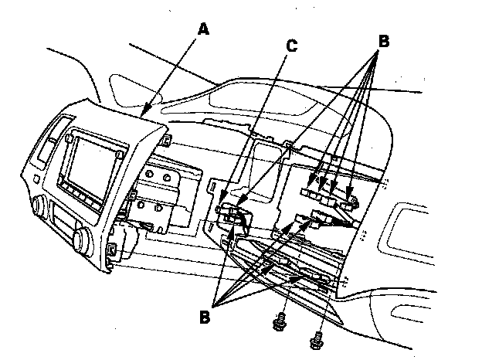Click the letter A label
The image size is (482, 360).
tap(202, 29)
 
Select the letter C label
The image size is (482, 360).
tap(290, 46)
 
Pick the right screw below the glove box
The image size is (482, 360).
tap(315, 336)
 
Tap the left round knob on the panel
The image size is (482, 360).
tap(36, 206)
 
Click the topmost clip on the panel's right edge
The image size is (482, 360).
tap(166, 140)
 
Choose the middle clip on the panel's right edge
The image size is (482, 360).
tap(133, 192)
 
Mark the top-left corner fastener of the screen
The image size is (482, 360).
tap(70, 138)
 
